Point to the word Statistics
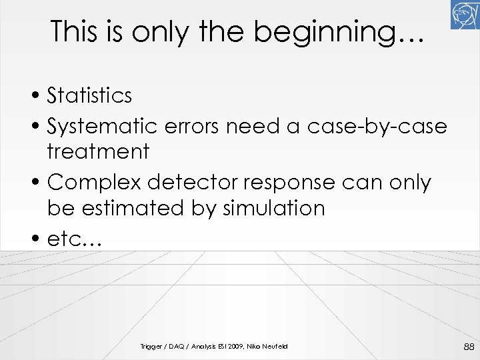[89, 95]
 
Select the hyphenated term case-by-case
[377, 125]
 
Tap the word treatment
[98, 152]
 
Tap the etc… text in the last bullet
[74, 239]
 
